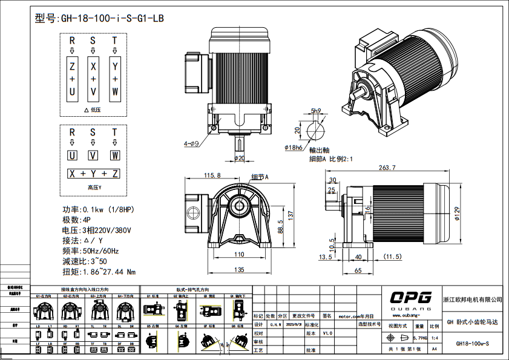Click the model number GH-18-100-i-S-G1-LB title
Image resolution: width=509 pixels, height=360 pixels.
(x=100, y=18)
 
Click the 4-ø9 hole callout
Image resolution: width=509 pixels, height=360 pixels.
(x=191, y=144)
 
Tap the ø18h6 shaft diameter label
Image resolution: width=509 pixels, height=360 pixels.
(x=294, y=147)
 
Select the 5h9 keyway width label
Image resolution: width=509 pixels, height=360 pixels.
(x=315, y=110)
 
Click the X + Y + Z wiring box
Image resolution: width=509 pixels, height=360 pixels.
(x=93, y=174)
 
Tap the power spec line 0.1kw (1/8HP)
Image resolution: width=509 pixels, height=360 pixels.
(x=105, y=210)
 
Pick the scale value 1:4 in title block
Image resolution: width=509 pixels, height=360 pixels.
(x=435, y=338)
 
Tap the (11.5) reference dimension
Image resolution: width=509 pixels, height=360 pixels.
(x=392, y=257)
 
